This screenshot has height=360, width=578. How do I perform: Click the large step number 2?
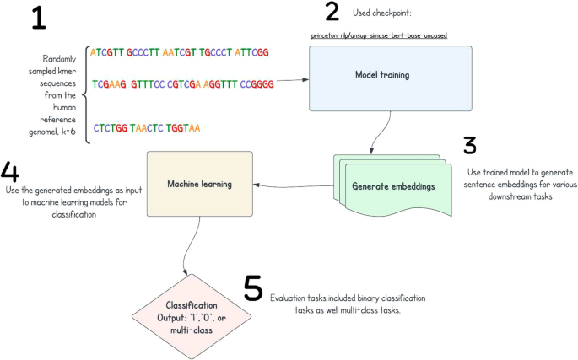click(332, 12)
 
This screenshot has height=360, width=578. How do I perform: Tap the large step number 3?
click(471, 145)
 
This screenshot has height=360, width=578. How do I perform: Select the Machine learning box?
click(199, 183)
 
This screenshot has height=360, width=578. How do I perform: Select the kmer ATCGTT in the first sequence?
click(105, 52)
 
